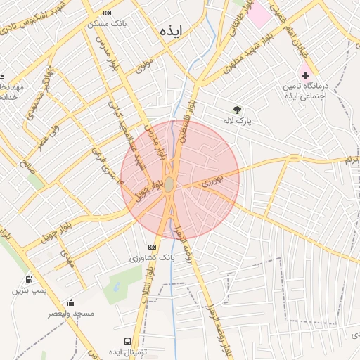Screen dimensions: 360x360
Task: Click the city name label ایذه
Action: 171,32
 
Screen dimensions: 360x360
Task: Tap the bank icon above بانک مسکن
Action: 106,13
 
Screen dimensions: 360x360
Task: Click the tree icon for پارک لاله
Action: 237,110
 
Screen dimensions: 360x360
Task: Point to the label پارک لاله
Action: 237,121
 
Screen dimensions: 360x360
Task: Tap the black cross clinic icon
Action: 304,75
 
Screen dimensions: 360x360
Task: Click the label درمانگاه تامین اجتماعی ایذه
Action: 306,89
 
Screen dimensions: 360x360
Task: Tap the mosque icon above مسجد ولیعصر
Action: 70,302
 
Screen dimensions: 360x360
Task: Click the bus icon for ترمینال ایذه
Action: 127,341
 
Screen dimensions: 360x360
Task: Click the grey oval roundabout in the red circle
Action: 169,184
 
